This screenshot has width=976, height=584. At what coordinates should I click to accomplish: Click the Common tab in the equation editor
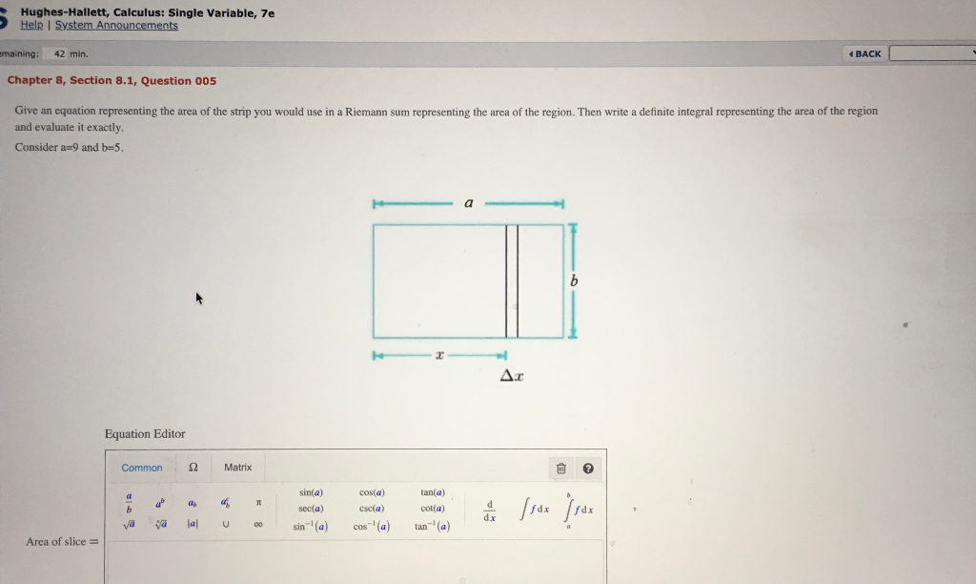[142, 468]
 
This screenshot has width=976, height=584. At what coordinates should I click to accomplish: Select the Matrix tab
[237, 468]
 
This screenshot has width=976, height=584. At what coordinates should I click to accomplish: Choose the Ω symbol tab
[193, 468]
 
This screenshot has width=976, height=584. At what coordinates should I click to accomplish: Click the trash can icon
[561, 469]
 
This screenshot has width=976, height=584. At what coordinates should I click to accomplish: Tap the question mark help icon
[587, 469]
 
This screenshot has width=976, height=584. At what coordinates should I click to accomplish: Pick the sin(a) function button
[313, 492]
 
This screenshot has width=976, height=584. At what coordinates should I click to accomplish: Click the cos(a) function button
[372, 492]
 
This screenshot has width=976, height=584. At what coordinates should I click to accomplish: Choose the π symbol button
[256, 502]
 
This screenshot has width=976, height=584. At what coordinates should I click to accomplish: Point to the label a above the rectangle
[468, 203]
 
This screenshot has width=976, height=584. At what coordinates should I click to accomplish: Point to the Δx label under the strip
[512, 376]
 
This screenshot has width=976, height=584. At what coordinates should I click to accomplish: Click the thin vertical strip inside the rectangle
[512, 282]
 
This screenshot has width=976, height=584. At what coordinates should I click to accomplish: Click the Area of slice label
[62, 542]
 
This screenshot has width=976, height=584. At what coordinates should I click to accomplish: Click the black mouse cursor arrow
[199, 299]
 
